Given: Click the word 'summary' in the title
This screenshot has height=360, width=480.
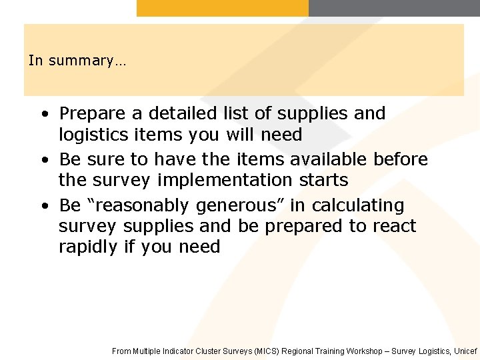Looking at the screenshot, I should click(x=85, y=61).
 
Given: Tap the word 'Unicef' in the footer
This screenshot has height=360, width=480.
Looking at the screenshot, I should click(x=465, y=351).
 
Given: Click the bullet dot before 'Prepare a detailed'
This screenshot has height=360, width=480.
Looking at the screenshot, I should click(x=44, y=115).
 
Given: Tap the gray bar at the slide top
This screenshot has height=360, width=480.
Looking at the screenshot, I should click(x=394, y=8).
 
